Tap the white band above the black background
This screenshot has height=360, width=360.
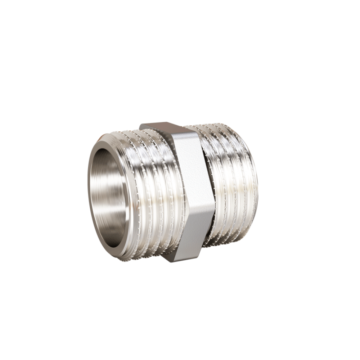180,25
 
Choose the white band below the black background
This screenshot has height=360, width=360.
180,335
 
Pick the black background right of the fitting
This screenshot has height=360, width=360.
317,180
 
